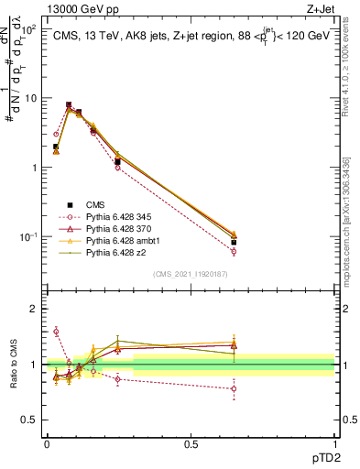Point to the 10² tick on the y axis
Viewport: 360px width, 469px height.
pos(27,29)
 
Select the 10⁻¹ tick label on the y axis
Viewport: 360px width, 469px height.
pos(27,237)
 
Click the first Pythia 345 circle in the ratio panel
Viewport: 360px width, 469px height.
pos(56,332)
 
